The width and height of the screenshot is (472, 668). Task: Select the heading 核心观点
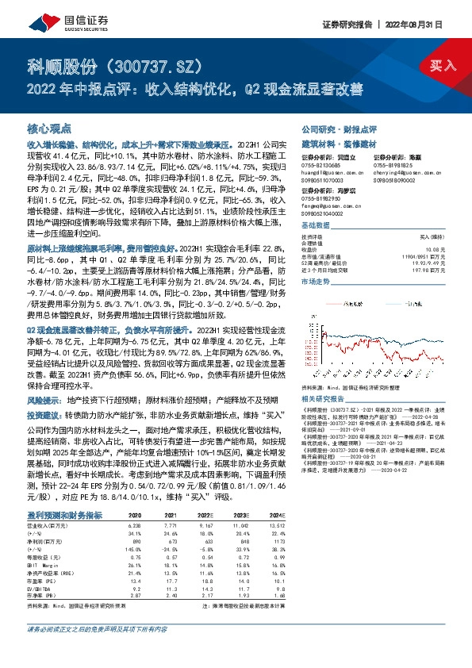50,128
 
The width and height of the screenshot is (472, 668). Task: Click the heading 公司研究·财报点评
339,128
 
